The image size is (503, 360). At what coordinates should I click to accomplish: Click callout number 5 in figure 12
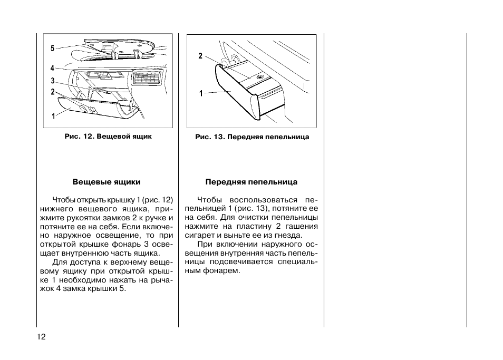coord(53,48)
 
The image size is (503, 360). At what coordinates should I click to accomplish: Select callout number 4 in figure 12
coord(53,69)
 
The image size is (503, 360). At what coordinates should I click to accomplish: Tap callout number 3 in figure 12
coord(53,81)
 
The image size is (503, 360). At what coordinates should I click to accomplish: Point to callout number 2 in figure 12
coord(53,92)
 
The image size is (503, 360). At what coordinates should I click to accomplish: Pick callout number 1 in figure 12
coord(53,116)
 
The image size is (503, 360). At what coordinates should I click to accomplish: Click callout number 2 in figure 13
coord(200,56)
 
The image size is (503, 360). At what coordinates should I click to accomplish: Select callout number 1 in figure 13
coord(201,94)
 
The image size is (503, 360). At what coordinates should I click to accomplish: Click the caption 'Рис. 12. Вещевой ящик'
coord(108,136)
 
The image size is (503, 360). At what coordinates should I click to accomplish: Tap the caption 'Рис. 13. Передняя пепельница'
coord(252,137)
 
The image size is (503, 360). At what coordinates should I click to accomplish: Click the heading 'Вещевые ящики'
coord(107,182)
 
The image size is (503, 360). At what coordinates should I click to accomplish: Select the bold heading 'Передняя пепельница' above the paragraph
coord(252,182)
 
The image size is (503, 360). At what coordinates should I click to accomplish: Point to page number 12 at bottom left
coord(42,337)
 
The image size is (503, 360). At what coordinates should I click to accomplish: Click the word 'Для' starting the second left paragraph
coord(59,262)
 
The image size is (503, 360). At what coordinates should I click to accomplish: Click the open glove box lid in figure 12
coord(95,111)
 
